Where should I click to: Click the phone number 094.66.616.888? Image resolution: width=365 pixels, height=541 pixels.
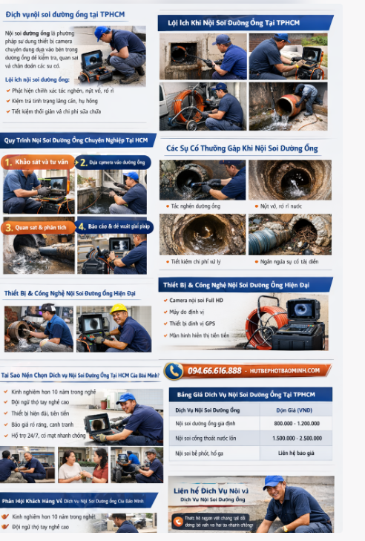214,370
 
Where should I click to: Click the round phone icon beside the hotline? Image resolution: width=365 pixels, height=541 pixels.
174,370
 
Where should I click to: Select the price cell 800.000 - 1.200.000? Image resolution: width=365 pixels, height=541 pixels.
292,423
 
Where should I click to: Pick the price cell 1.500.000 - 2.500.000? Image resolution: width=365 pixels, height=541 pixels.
292,438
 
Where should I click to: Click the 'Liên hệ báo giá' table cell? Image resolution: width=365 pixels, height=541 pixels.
292,453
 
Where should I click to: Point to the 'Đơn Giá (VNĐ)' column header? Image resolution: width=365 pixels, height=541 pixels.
292,409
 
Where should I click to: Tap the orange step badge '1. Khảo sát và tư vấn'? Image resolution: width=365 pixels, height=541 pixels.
37,162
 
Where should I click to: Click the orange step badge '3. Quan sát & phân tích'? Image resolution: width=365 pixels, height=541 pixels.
37,227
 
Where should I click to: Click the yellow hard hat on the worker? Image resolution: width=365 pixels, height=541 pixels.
119,308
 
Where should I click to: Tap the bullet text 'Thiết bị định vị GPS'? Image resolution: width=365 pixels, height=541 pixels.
194,323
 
